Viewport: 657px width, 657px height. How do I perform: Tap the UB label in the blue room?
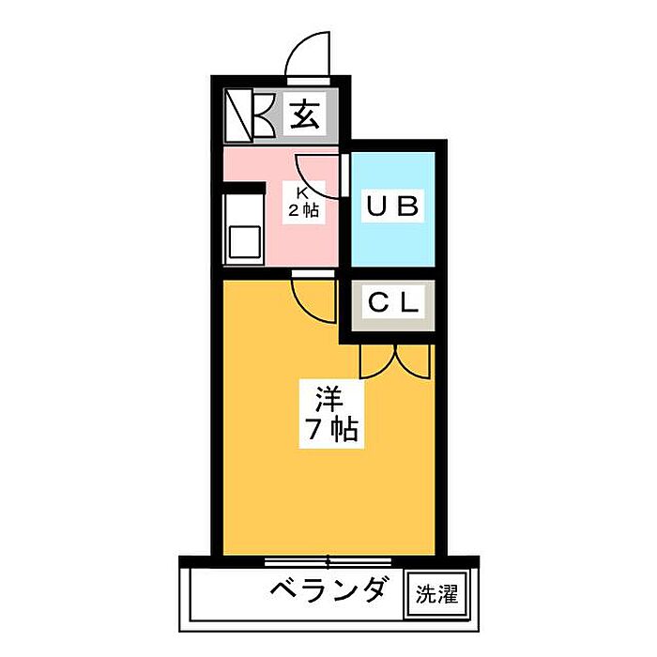point(391,206)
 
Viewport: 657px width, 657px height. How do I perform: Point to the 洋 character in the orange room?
point(327,397)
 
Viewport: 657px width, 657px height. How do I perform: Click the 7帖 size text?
point(328,430)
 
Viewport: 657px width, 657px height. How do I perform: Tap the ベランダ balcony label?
point(328,590)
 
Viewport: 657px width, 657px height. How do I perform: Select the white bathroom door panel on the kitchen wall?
point(344,175)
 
